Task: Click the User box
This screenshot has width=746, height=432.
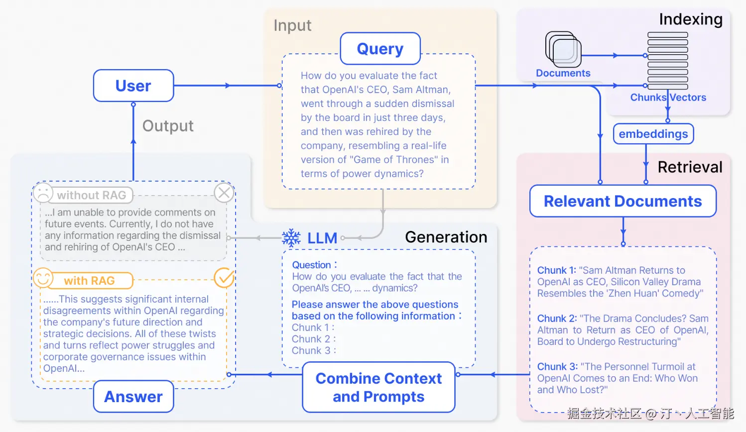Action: click(x=133, y=86)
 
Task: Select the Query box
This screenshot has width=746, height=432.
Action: click(x=380, y=49)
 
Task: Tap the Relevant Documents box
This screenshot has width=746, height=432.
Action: click(x=622, y=201)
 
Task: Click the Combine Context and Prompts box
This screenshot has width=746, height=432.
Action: click(x=378, y=387)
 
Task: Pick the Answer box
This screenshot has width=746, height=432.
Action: click(x=133, y=397)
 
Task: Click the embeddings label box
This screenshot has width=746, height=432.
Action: click(x=653, y=134)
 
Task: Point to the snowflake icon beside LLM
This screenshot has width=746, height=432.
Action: click(x=291, y=238)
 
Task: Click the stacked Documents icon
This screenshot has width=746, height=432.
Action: click(x=563, y=49)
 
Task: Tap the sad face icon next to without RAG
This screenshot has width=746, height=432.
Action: click(x=43, y=193)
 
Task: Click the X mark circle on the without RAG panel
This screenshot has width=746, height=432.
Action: click(x=224, y=193)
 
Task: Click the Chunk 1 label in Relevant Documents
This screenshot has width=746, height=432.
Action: click(x=556, y=270)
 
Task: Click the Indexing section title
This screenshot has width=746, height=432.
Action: click(x=690, y=19)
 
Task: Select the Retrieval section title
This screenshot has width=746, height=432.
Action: click(x=690, y=167)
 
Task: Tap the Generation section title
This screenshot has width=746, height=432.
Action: click(x=446, y=237)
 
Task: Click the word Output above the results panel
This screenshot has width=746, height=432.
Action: click(x=168, y=126)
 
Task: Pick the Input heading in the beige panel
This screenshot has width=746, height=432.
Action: click(x=292, y=25)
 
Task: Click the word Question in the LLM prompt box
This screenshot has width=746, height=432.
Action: click(x=311, y=265)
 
